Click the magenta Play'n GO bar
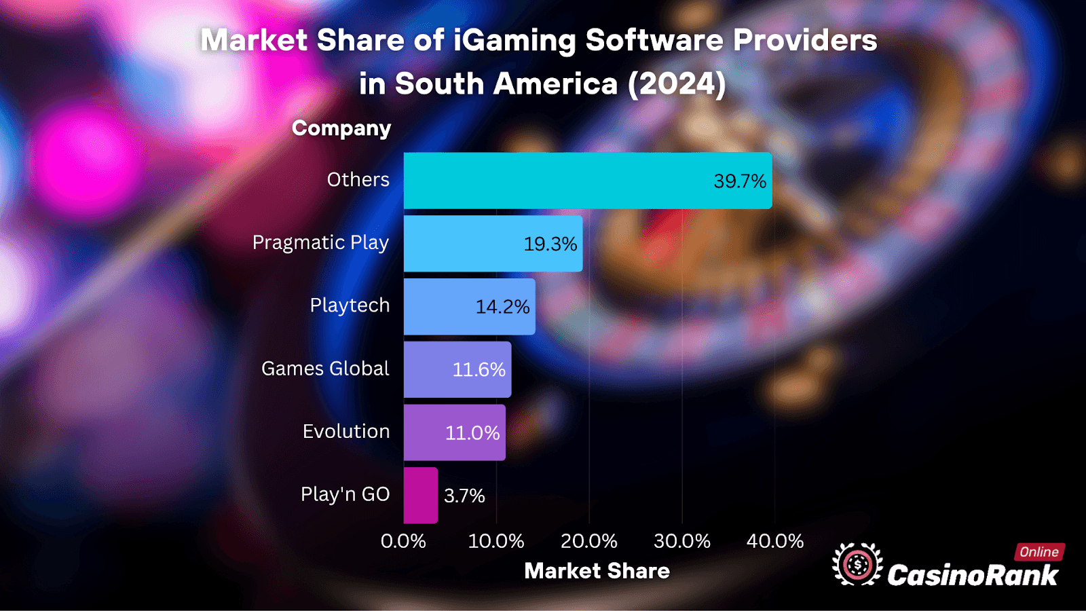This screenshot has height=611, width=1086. click(x=420, y=496)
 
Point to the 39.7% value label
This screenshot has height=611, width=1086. click(x=739, y=181)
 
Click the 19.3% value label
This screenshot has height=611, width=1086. click(x=550, y=244)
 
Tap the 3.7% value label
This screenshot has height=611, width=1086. click(x=464, y=496)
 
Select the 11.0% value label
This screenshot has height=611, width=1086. click(x=472, y=433)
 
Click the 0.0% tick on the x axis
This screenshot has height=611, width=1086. click(x=403, y=541)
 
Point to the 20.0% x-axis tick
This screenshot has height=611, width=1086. click(x=588, y=541)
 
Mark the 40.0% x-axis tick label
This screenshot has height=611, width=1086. click(x=774, y=541)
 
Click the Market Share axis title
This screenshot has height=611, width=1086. click(x=597, y=571)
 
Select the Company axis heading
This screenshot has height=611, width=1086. click(x=341, y=128)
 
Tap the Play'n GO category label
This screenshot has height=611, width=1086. click(x=345, y=494)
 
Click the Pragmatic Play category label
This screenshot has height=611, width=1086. click(x=320, y=242)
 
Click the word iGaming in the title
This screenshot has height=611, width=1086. click(x=514, y=41)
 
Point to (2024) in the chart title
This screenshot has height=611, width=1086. click(x=677, y=84)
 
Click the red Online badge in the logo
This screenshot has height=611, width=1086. click(x=1038, y=552)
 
